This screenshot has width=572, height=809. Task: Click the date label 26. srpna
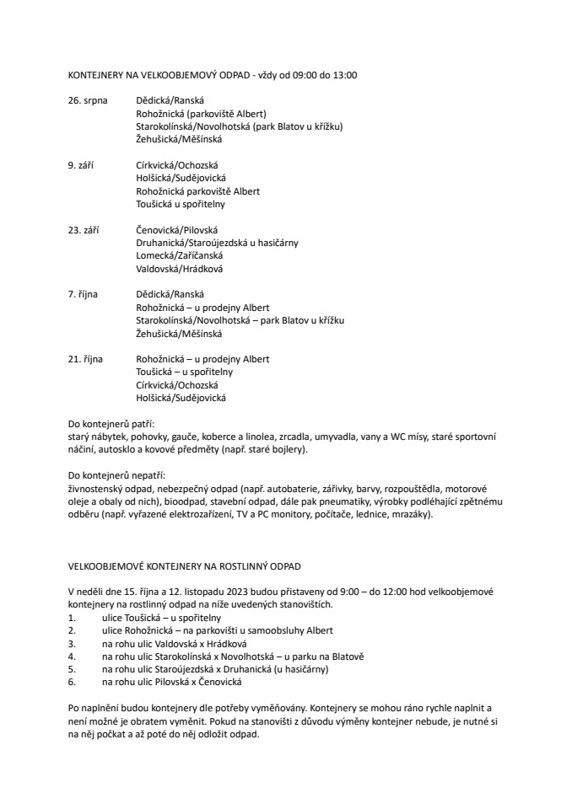[x=88, y=100]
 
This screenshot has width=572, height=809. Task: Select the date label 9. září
[x=80, y=165]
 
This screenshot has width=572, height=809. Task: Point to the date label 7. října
[x=83, y=294]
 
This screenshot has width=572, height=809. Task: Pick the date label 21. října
[x=85, y=359]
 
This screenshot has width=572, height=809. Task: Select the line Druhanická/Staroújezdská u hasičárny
[x=217, y=243]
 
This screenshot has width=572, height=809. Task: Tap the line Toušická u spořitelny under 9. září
[x=181, y=204]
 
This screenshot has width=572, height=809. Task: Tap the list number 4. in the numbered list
[x=72, y=656]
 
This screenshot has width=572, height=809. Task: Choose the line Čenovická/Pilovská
[x=177, y=230]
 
